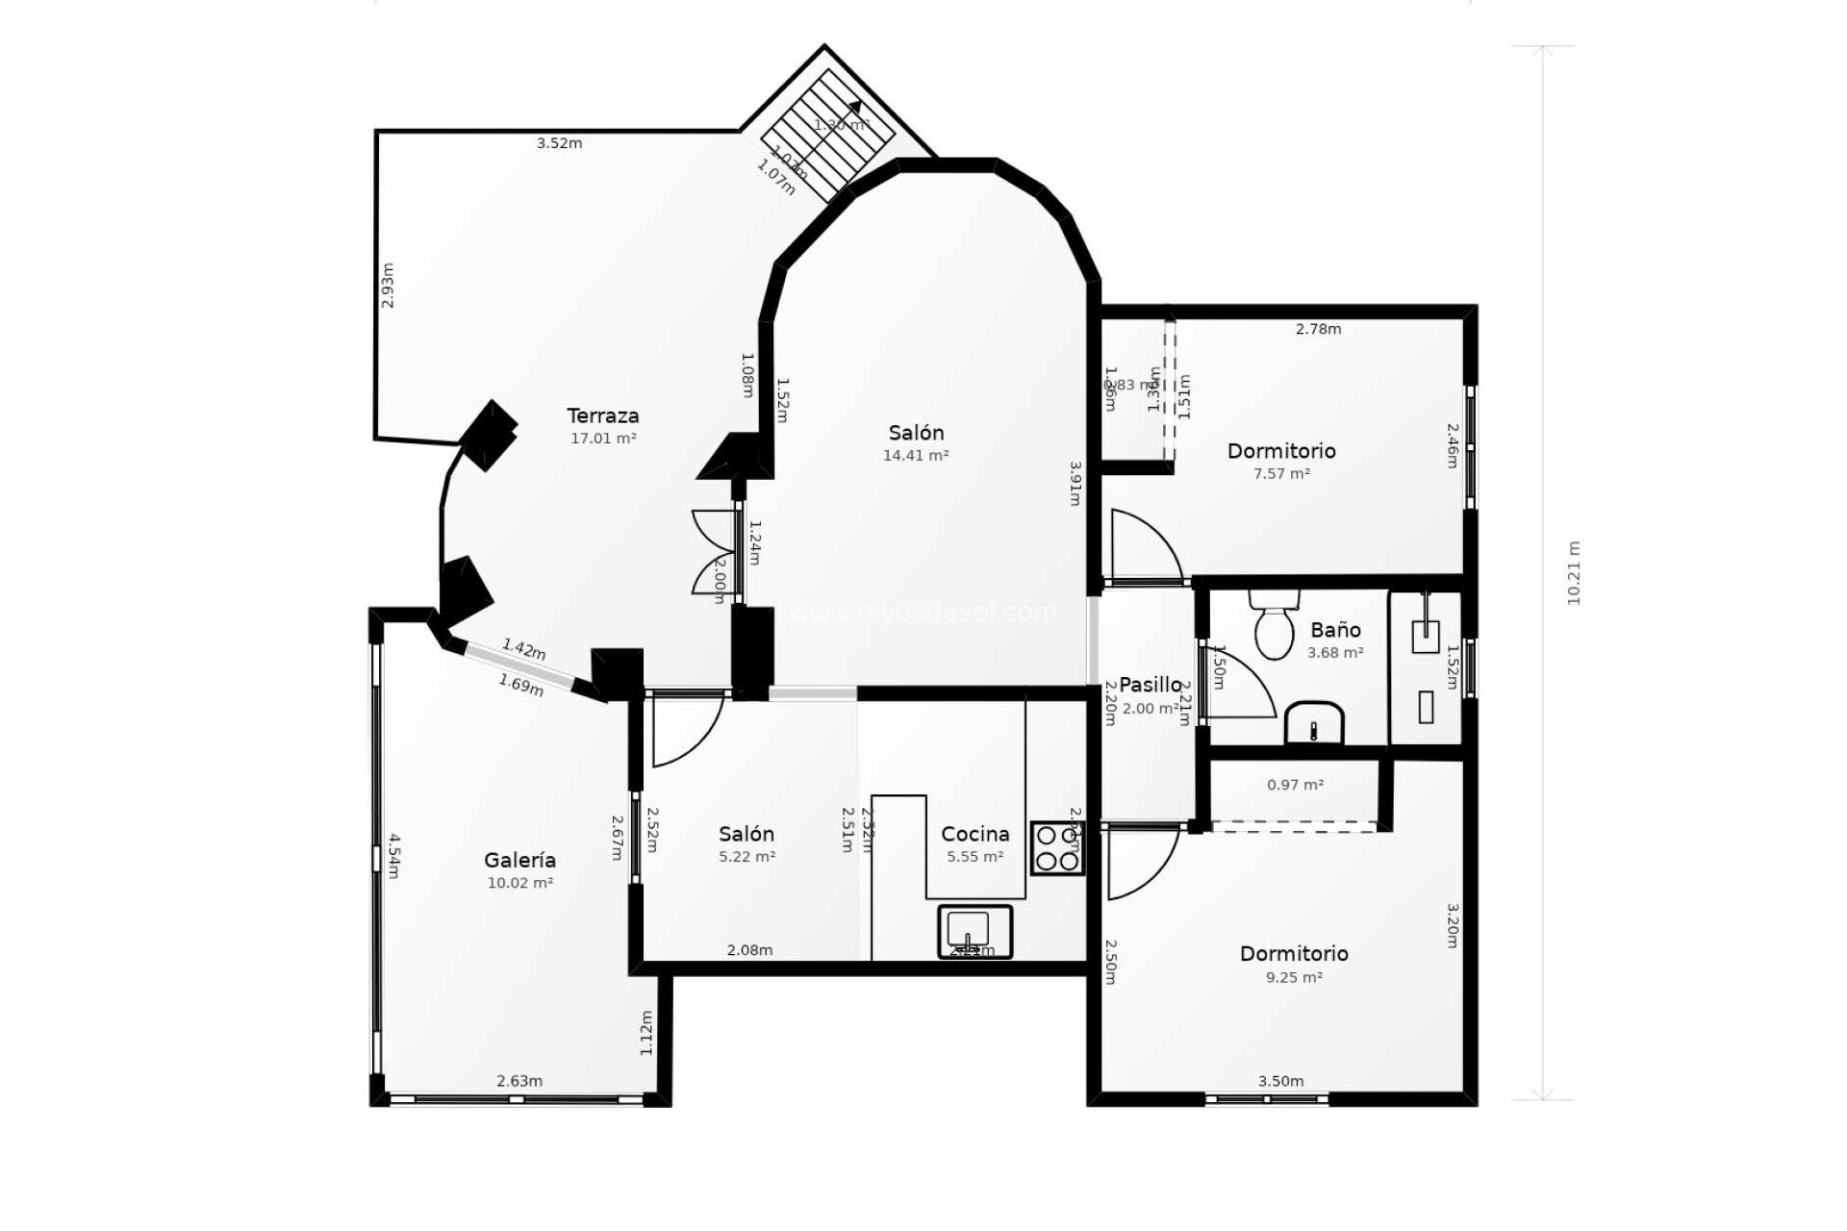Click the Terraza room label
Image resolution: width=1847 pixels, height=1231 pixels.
[x=602, y=416]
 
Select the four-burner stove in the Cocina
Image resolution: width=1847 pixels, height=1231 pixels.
[x=1057, y=848]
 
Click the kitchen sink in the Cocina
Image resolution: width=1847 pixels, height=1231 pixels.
[x=974, y=931]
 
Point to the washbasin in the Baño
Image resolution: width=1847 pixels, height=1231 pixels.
[x=1314, y=722]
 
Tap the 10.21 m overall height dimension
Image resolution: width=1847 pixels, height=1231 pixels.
[x=1574, y=572]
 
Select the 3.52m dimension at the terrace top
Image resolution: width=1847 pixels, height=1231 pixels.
[x=559, y=143]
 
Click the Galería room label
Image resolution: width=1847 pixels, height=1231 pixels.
[x=519, y=861]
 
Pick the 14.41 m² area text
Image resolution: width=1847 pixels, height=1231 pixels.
[x=916, y=456]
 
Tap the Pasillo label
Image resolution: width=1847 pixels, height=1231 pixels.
[x=1150, y=685]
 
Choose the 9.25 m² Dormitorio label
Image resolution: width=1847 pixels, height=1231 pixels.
[x=1293, y=954]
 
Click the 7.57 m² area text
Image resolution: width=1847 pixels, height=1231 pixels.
[x=1281, y=474]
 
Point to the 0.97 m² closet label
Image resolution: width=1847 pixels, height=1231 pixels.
[x=1295, y=785]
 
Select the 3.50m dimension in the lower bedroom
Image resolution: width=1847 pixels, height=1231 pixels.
[x=1280, y=1081]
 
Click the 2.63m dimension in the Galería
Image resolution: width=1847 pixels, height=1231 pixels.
[x=519, y=1081]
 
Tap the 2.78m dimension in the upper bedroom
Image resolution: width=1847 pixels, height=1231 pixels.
[x=1318, y=329]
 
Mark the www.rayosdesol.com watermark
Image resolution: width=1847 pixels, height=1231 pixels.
[x=922, y=613]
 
